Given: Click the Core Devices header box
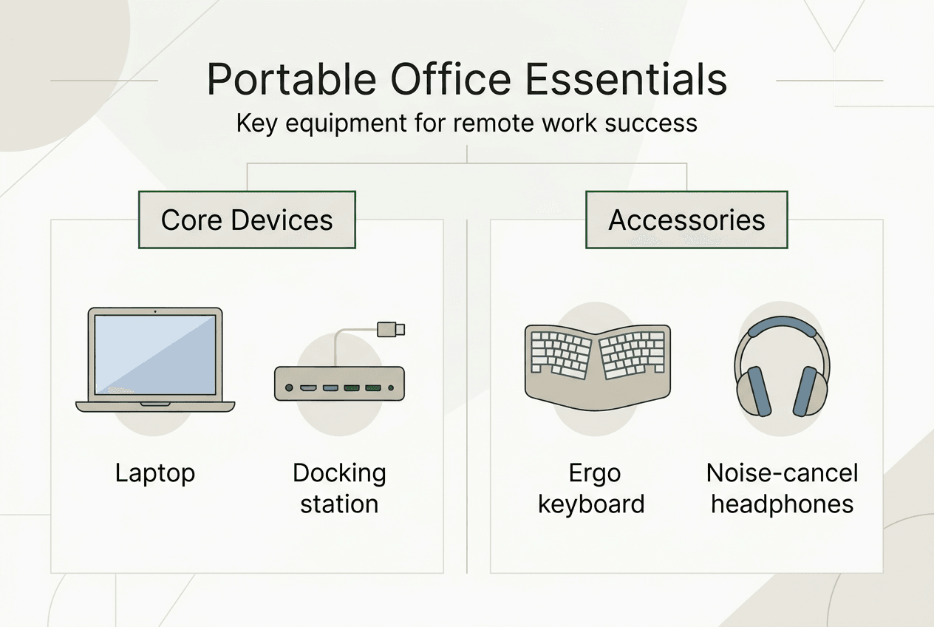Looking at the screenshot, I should click(x=247, y=220).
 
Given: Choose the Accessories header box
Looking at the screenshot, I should click(x=686, y=220).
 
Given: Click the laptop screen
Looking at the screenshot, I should click(x=155, y=353).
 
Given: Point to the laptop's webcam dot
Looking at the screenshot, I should click(x=155, y=312).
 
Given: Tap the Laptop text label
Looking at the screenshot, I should click(x=155, y=473).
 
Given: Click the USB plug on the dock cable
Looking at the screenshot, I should click(x=391, y=329).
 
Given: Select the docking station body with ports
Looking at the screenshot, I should click(x=339, y=383).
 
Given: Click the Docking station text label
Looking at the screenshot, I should click(x=339, y=488).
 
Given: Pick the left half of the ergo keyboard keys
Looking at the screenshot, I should click(x=560, y=353).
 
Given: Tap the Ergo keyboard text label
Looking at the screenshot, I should click(x=591, y=488).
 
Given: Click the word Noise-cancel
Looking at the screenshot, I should click(x=782, y=473).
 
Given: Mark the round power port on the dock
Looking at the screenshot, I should click(x=290, y=387).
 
